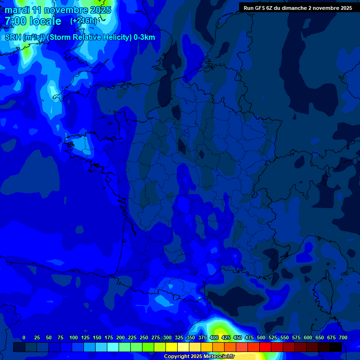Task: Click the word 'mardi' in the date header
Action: (x=17, y=10)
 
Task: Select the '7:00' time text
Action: (x=15, y=21)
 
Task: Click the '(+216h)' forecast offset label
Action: (x=83, y=21)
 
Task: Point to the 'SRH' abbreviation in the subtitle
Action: (x=13, y=37)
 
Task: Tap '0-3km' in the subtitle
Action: (x=144, y=37)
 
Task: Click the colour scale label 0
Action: (x=24, y=337)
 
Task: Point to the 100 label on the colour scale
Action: (x=74, y=337)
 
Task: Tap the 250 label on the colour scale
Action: (x=144, y=337)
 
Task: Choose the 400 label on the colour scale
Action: (x=214, y=337)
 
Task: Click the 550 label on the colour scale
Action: (x=285, y=337)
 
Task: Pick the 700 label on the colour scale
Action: (x=343, y=337)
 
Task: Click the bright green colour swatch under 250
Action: (x=148, y=347)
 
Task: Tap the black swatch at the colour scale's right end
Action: (x=336, y=347)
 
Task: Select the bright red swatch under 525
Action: (x=265, y=347)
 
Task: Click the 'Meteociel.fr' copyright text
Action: (x=219, y=357)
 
